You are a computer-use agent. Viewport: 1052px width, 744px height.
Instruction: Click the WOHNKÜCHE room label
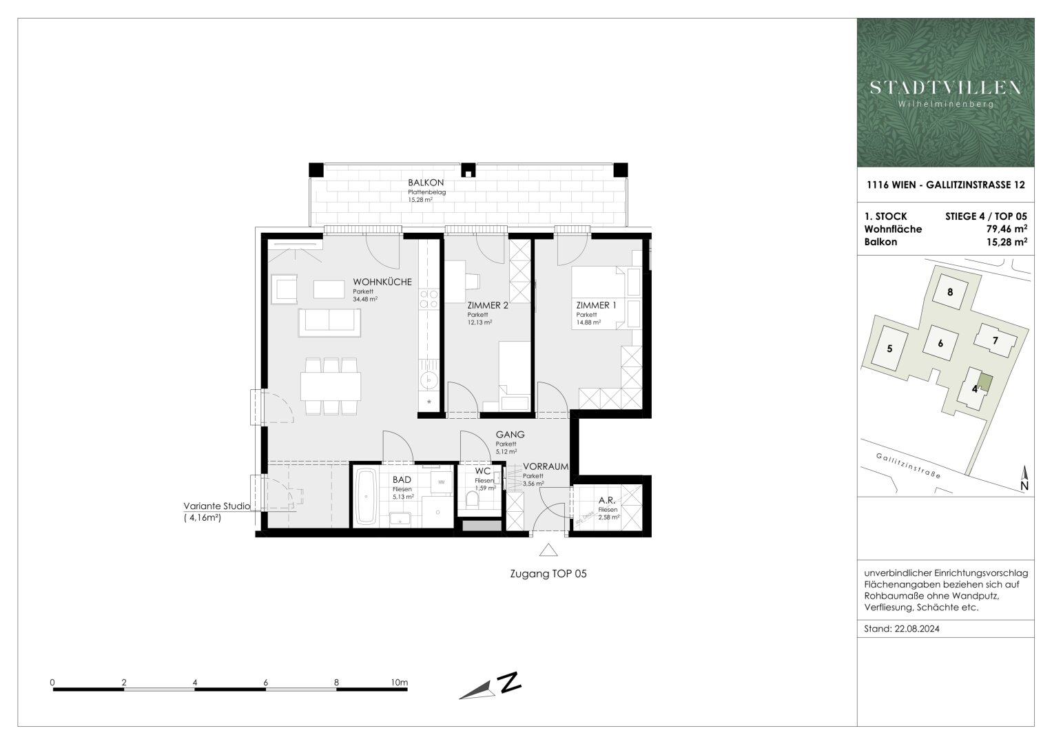tap(382, 282)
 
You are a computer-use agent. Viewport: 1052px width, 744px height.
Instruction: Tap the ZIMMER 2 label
tap(487, 305)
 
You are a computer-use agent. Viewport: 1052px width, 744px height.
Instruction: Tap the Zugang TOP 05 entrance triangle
tap(548, 550)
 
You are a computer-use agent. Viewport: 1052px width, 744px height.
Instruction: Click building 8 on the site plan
tap(950, 291)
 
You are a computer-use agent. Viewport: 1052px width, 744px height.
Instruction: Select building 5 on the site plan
tap(889, 349)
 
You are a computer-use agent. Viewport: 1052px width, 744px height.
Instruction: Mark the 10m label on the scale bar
tap(399, 683)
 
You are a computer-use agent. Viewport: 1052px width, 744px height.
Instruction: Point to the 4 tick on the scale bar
tap(195, 683)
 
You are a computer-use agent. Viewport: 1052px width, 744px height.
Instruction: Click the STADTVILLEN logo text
tap(945, 87)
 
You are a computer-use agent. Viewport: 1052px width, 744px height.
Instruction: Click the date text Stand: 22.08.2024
tap(902, 629)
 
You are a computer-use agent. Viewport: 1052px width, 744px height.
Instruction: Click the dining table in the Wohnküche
tap(331, 386)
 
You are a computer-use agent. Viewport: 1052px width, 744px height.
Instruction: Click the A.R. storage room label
tap(606, 500)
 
